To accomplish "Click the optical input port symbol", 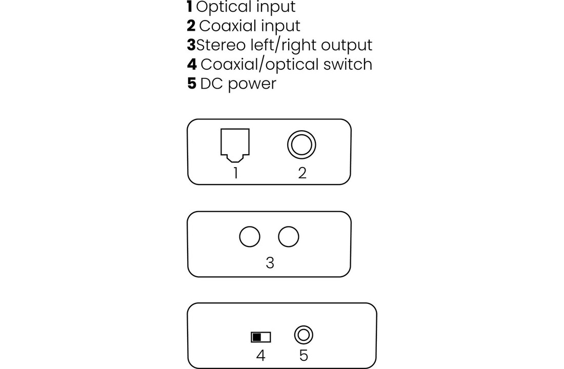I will [x=235, y=144].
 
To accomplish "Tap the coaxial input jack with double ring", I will [x=301, y=145].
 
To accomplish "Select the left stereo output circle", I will [x=250, y=237].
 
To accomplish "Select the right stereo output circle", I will [x=289, y=237].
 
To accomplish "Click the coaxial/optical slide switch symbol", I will [x=260, y=337].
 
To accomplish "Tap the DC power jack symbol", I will [x=304, y=335].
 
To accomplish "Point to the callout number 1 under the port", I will [x=235, y=173].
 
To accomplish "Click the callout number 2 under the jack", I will [x=302, y=173].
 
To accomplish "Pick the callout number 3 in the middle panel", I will [x=270, y=263].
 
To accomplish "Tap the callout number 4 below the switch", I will [x=260, y=355].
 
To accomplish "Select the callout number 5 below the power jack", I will [x=304, y=355].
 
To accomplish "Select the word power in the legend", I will [x=252, y=84].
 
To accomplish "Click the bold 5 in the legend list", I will [x=192, y=84].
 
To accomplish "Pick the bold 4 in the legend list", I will [x=192, y=64].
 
